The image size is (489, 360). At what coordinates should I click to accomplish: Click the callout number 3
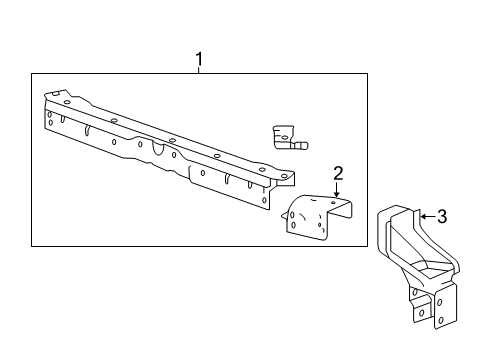click(442, 215)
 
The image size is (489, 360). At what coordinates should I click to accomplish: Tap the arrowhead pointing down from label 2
click(337, 194)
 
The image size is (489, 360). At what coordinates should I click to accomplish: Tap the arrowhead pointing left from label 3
click(421, 215)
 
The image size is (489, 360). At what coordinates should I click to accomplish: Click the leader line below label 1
click(199, 72)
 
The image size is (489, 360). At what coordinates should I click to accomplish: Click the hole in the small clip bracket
click(282, 131)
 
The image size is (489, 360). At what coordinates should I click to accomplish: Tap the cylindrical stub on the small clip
click(300, 146)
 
